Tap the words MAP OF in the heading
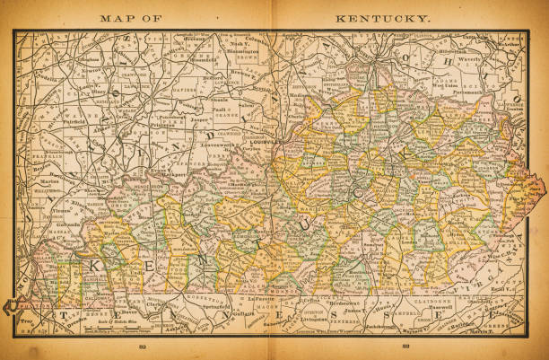coord(132,17)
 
